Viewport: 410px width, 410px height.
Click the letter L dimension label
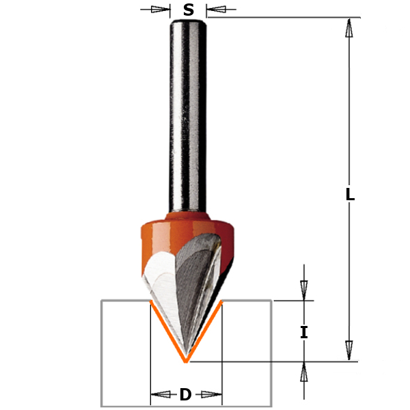click(x=350, y=194)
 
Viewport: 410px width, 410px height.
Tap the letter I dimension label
click(x=304, y=333)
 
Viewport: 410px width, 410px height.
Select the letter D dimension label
click(x=185, y=394)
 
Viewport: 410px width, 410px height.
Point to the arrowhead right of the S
click(x=214, y=10)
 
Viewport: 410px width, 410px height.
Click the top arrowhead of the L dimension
click(x=349, y=28)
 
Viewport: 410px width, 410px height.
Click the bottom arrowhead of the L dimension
click(x=349, y=350)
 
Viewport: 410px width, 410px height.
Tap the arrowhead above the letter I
click(x=304, y=288)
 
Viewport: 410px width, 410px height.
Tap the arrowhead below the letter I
click(x=304, y=372)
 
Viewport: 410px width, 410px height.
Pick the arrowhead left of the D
click(x=160, y=394)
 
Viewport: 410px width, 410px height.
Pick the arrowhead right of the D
click(x=213, y=394)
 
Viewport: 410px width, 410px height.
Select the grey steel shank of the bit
click(x=188, y=116)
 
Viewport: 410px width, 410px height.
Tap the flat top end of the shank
click(x=188, y=23)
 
